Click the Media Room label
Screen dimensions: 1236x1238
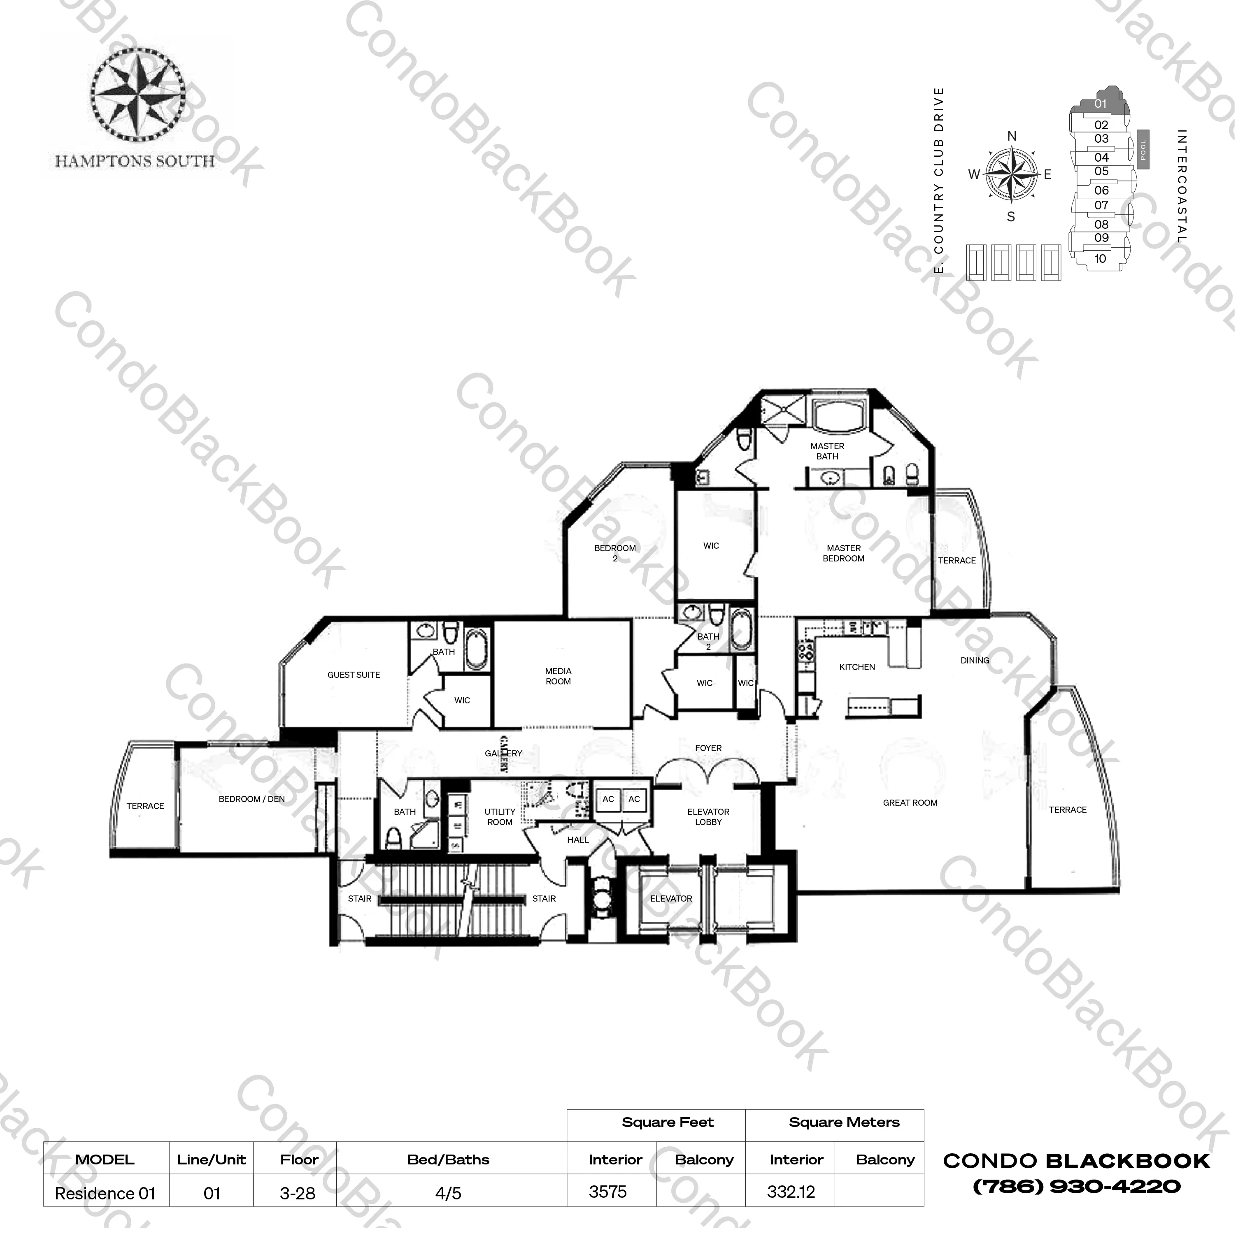558,676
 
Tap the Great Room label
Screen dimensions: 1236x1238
910,802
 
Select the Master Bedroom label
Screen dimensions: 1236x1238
843,553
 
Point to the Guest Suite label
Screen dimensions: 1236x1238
354,675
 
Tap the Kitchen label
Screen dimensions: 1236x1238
857,667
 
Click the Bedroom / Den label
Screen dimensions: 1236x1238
252,799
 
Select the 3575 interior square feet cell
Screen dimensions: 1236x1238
608,1192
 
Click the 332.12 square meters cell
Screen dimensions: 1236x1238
791,1192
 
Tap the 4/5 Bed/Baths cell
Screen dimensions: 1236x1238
449,1193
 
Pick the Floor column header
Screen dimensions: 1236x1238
299,1160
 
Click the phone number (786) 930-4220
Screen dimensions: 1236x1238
1077,1187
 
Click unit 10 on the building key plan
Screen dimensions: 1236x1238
1100,259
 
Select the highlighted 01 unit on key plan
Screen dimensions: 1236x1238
1100,104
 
